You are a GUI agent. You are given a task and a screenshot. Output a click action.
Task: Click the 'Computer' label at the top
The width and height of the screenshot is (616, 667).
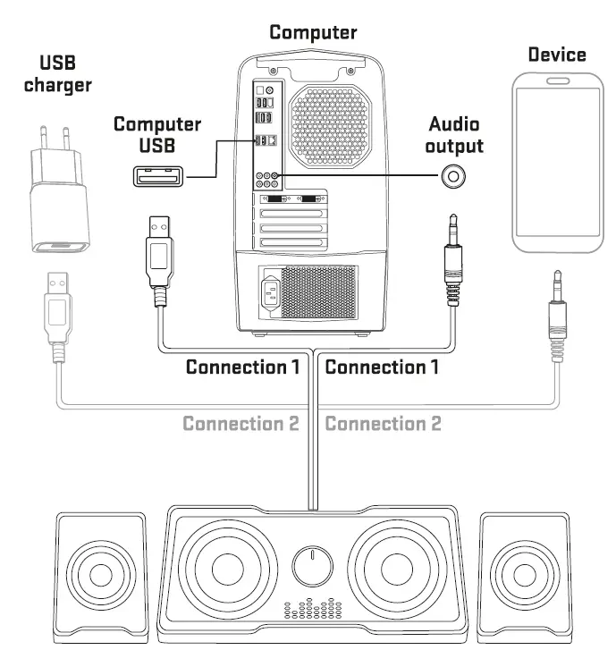point(313,33)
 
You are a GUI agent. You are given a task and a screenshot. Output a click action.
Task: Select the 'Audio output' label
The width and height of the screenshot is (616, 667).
point(455,135)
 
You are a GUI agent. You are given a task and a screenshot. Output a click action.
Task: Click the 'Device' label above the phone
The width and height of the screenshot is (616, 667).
point(556,55)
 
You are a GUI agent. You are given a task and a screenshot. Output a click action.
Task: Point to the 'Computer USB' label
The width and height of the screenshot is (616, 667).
point(156,135)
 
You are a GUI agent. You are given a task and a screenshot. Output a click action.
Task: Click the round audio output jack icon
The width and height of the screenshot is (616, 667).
point(455,177)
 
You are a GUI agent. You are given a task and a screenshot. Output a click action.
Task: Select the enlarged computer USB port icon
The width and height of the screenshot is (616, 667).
point(161,177)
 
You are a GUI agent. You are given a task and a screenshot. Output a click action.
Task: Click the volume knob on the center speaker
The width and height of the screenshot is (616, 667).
point(313,566)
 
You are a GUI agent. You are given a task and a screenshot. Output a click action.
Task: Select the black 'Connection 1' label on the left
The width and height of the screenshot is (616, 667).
point(241,367)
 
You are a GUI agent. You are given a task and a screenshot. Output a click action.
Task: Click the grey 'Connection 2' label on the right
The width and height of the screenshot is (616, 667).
point(383,423)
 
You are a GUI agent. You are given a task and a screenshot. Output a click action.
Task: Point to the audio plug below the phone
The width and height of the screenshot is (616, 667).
point(558,313)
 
